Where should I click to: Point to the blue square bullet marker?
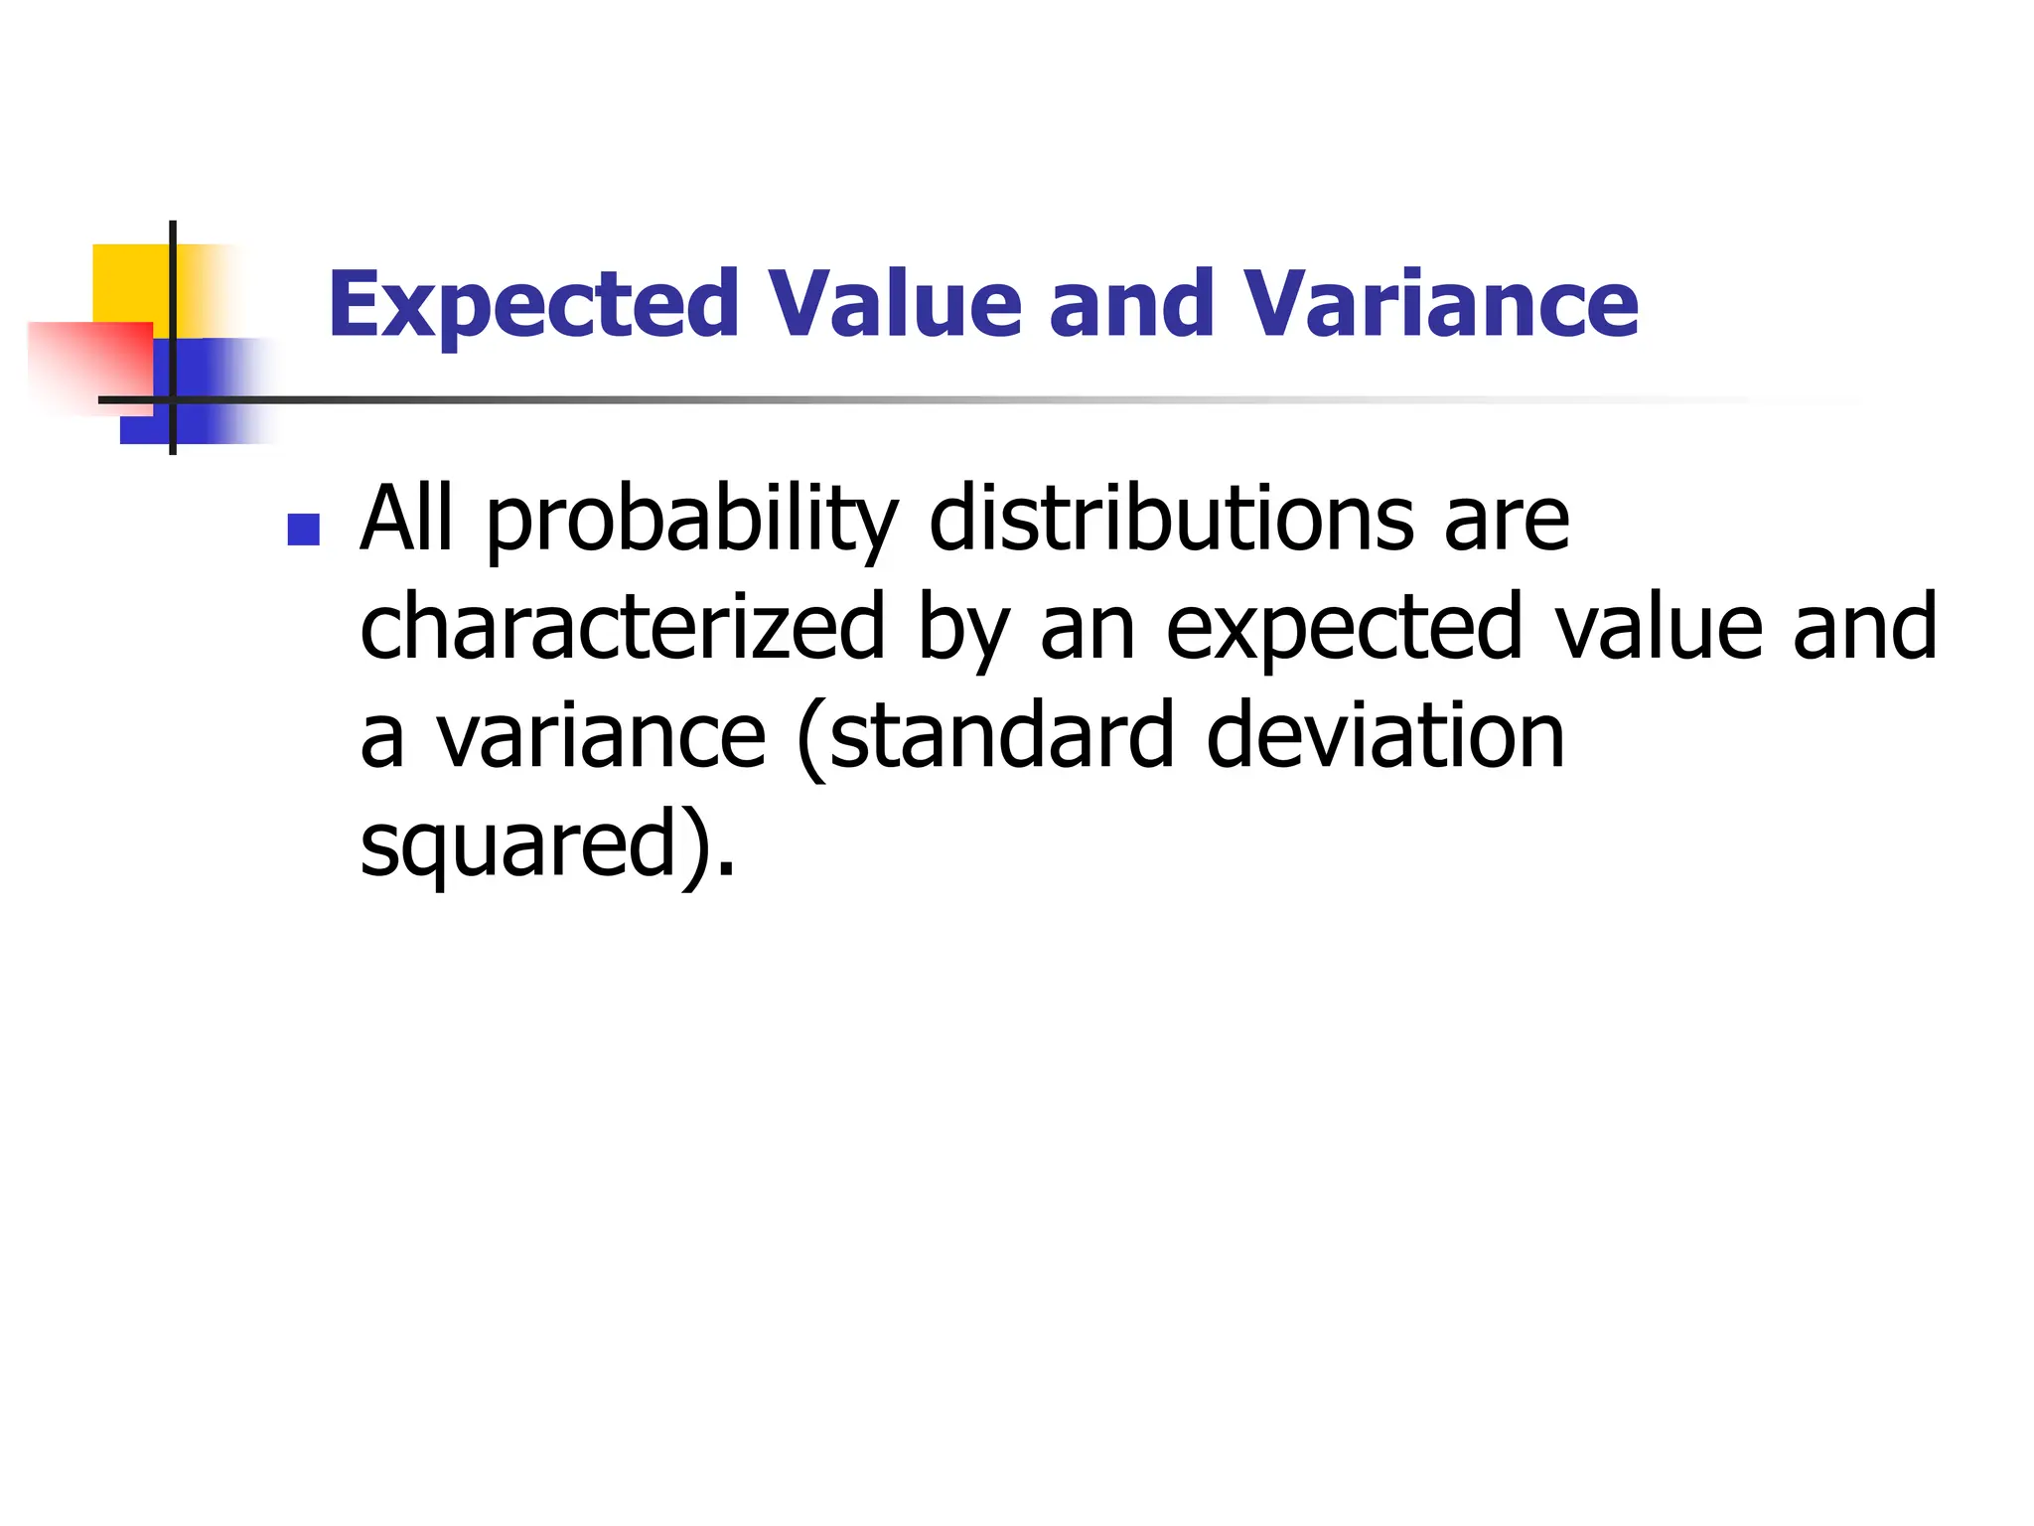(303, 530)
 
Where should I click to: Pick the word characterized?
(622, 628)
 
